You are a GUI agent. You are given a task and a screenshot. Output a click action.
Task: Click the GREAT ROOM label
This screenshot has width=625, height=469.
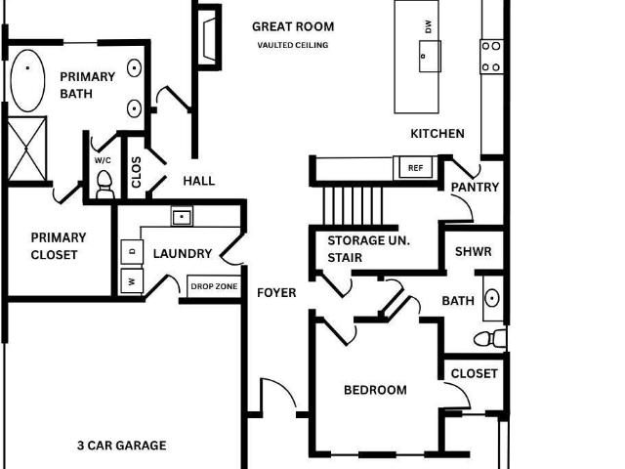[x=293, y=26]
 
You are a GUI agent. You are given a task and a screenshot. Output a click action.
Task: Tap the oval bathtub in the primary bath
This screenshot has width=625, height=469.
[x=27, y=80]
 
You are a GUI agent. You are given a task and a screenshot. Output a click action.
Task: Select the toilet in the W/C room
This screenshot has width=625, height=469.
[x=104, y=185]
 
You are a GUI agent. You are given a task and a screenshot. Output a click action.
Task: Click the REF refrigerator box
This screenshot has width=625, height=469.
[x=415, y=168]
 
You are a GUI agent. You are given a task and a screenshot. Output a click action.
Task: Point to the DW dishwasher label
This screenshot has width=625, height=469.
[x=429, y=26]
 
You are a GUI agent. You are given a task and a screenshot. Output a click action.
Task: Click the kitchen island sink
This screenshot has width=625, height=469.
[x=430, y=57]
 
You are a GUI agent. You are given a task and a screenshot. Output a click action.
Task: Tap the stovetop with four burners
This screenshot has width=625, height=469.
[x=491, y=57]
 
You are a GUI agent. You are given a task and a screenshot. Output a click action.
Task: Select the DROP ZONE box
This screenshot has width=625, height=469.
[x=214, y=286]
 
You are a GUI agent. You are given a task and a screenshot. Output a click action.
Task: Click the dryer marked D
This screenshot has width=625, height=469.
[x=132, y=252]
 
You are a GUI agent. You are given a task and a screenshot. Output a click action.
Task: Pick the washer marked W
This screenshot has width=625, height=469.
[x=132, y=281]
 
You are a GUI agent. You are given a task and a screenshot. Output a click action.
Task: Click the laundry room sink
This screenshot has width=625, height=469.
[x=182, y=217]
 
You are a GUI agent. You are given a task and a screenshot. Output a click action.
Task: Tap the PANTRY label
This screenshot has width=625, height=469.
[x=475, y=187]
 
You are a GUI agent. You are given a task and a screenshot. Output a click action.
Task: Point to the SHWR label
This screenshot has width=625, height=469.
[x=473, y=252]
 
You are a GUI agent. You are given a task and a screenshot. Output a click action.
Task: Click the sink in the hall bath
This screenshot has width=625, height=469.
[x=492, y=298]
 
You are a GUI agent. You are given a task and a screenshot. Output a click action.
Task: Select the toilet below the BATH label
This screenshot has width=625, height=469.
[x=490, y=339]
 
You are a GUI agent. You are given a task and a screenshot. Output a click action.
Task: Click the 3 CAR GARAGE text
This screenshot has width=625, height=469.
[x=121, y=446]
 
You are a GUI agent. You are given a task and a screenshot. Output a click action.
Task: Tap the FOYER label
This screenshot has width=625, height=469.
[x=276, y=293]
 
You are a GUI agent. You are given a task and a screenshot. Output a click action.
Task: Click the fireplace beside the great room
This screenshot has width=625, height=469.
[x=209, y=38]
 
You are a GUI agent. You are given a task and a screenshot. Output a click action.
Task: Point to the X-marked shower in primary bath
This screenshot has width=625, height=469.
[x=26, y=149]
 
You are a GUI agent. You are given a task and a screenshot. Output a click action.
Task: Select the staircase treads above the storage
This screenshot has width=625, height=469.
[x=354, y=206]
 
